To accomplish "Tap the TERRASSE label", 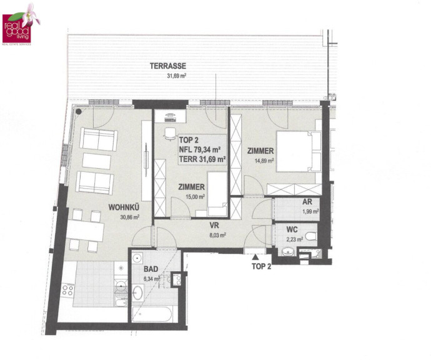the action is (x=168, y=66).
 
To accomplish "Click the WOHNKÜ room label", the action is (x=124, y=207).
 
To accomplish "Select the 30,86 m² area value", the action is (x=130, y=217).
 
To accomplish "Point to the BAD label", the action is (x=151, y=269).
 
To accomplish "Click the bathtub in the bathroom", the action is (x=152, y=314).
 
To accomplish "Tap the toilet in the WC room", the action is (x=312, y=236).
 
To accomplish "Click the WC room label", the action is (x=292, y=229).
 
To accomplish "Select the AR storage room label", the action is (x=307, y=202).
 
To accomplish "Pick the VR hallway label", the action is (x=214, y=226).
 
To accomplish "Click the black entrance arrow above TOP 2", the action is (x=255, y=257).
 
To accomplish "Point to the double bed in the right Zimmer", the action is (x=299, y=151).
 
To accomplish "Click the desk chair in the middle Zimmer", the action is (x=170, y=134).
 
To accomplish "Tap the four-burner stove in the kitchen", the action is (x=68, y=290).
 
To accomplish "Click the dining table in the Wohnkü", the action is (x=85, y=231).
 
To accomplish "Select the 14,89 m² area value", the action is (x=264, y=161).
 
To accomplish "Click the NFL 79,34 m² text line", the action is (x=200, y=149).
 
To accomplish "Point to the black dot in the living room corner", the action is (x=79, y=111).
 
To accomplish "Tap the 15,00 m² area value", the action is (x=196, y=197).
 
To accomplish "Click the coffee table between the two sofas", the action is (x=96, y=161).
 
